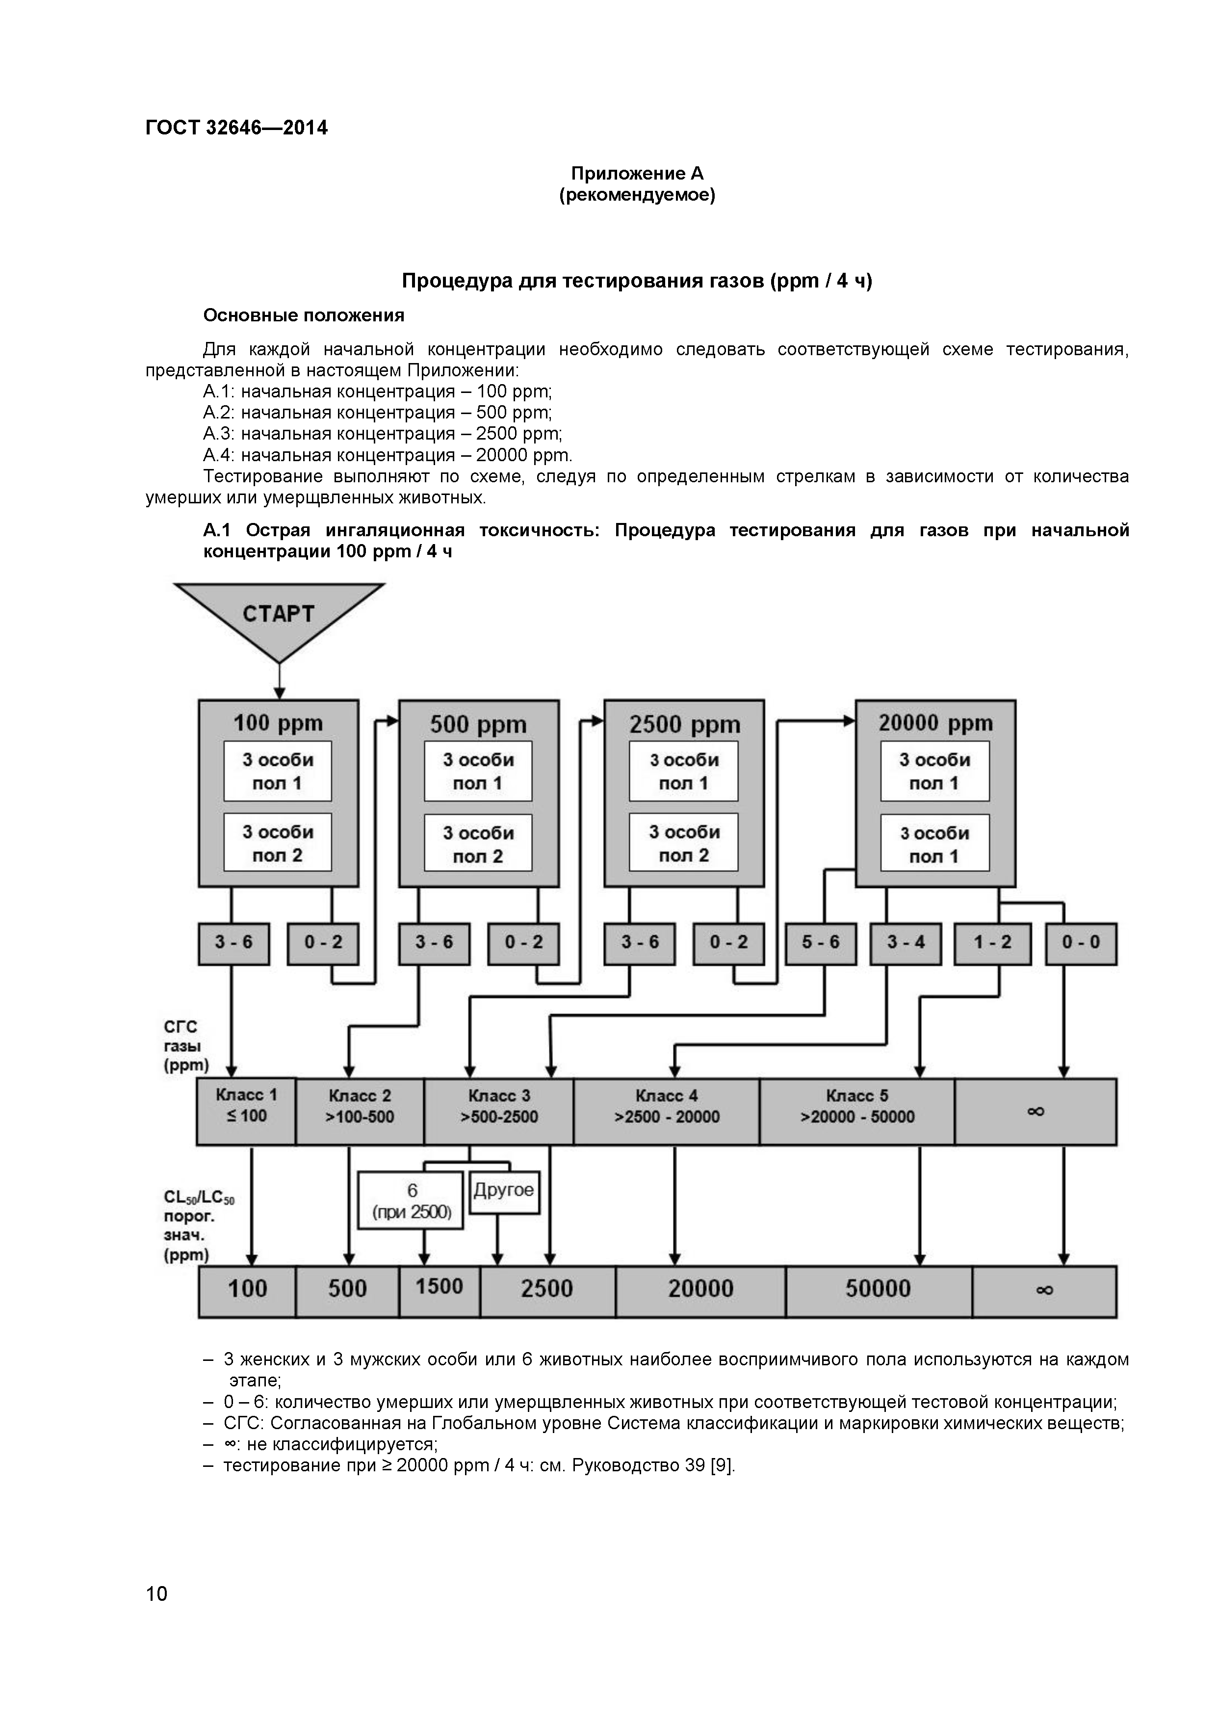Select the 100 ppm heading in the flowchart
point(278,723)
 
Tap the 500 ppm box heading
point(478,725)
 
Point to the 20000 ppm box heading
point(935,723)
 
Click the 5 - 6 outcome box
point(821,943)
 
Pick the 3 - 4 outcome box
point(906,943)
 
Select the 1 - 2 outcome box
point(992,943)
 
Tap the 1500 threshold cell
point(439,1287)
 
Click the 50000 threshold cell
point(878,1288)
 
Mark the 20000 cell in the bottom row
point(700,1288)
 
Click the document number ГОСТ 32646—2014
point(237,128)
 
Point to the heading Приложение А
point(637,174)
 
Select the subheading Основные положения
point(304,315)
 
